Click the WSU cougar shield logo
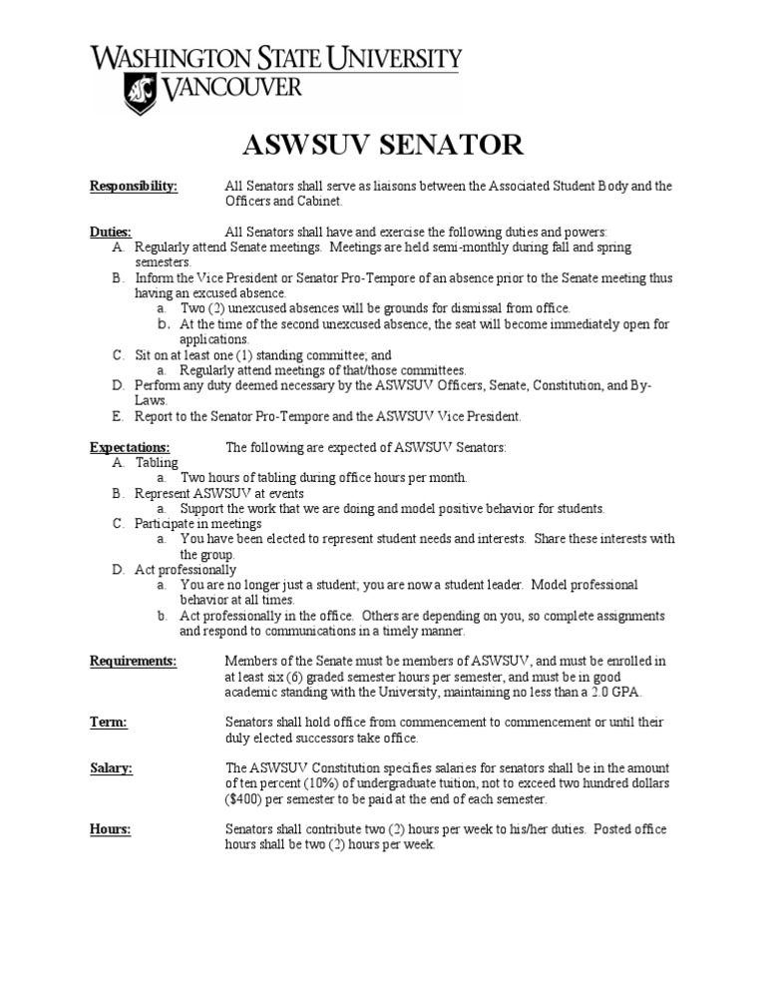[x=139, y=93]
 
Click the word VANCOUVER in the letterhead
[x=230, y=91]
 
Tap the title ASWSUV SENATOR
[x=383, y=145]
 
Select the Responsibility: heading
[x=134, y=186]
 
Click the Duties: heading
[x=110, y=232]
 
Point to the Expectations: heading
[x=130, y=447]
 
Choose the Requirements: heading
[x=133, y=661]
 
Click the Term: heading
[x=108, y=722]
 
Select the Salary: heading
[x=111, y=767]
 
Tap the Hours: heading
[x=110, y=829]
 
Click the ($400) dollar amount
[x=247, y=799]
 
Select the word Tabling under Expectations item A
[x=157, y=462]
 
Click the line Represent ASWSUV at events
[x=219, y=493]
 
